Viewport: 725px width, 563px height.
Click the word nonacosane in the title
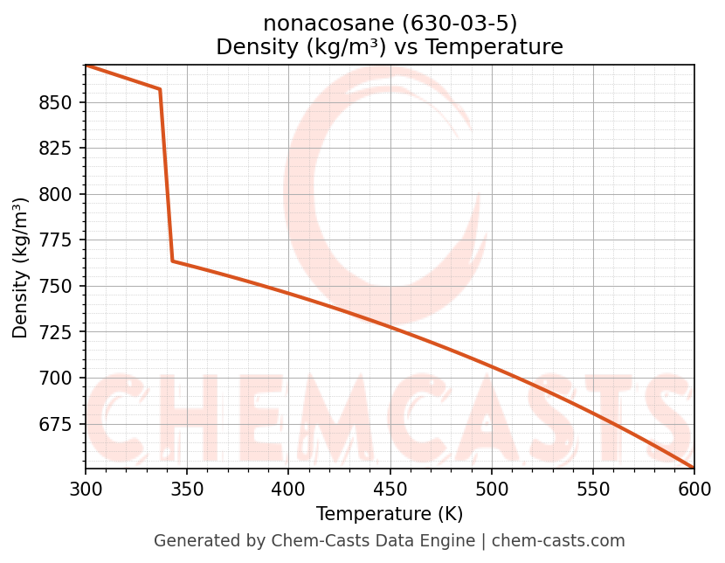316,24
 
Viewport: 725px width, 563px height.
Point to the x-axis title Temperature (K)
390,514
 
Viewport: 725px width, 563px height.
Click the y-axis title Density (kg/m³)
21,268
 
